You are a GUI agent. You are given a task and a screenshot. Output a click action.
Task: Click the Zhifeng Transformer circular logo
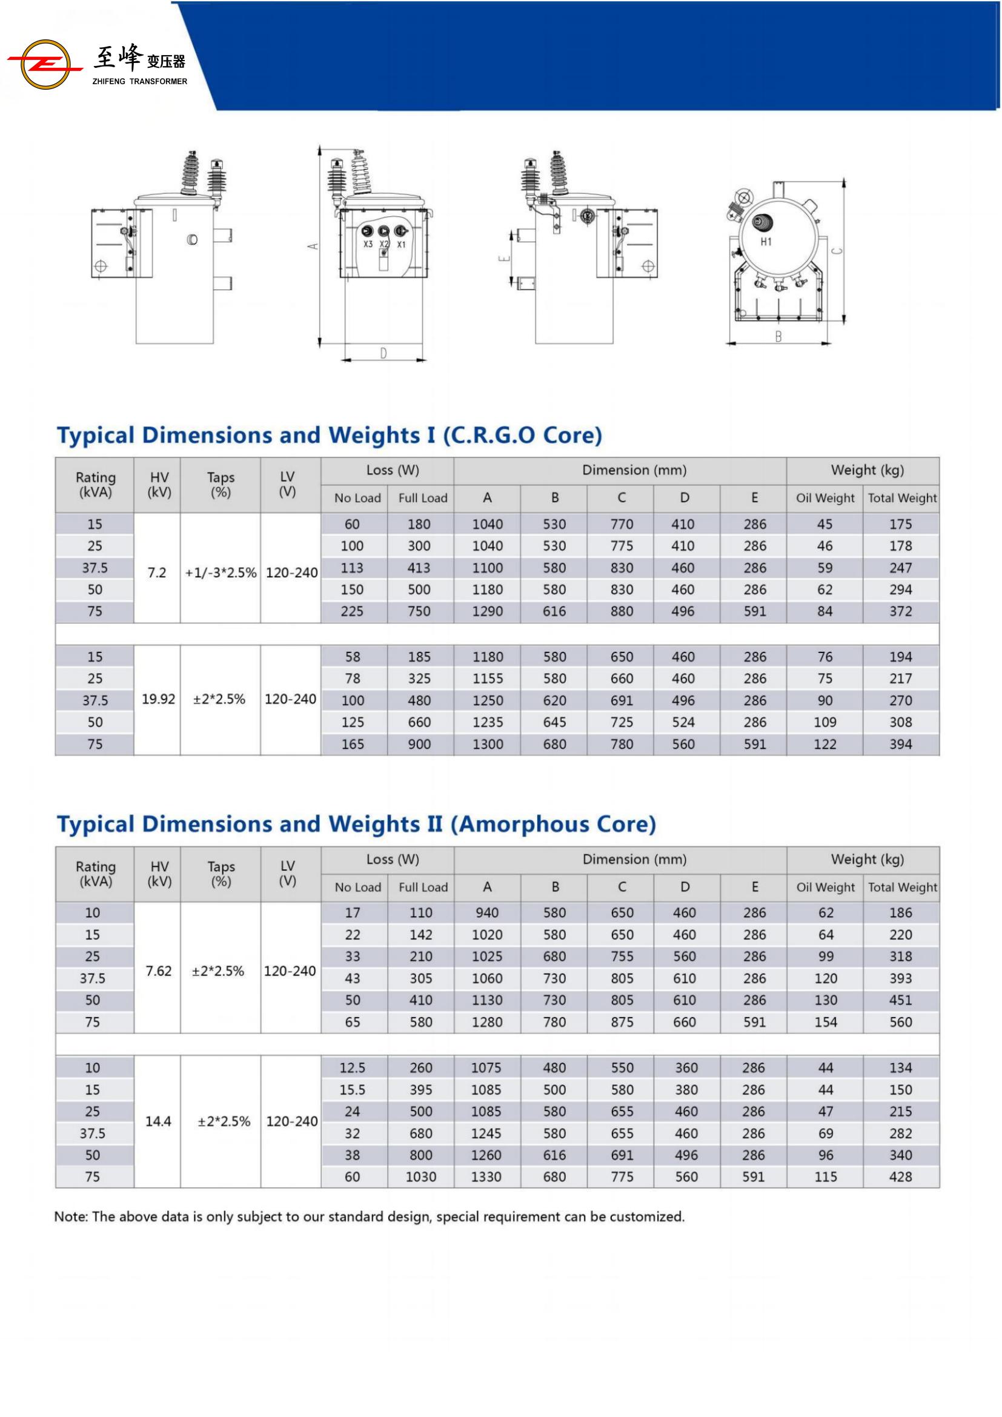click(x=44, y=64)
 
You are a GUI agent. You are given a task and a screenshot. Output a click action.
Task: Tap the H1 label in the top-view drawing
click(x=766, y=242)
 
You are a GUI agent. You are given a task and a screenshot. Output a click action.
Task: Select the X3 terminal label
click(x=368, y=244)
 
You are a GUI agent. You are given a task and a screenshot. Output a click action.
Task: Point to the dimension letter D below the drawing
click(x=383, y=354)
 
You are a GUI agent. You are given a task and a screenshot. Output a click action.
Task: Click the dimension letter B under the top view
click(x=778, y=337)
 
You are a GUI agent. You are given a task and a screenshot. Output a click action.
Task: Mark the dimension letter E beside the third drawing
click(x=505, y=258)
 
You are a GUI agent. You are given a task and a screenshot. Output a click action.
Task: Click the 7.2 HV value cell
click(x=157, y=572)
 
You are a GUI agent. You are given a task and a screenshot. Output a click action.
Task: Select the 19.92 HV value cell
click(x=159, y=699)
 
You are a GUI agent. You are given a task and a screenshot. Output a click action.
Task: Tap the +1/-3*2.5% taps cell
click(x=221, y=572)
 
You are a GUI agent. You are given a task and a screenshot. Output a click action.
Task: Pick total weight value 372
click(x=900, y=611)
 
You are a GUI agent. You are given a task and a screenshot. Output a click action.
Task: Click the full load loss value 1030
click(x=421, y=1177)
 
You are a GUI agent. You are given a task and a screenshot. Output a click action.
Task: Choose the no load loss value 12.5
click(x=353, y=1067)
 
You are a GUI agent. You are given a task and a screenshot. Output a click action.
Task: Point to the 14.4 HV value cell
click(x=158, y=1121)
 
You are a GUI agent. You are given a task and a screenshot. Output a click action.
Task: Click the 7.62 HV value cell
click(x=158, y=971)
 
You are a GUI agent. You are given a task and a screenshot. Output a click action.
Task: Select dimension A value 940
click(x=487, y=913)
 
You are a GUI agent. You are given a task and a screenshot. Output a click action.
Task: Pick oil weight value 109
click(x=825, y=722)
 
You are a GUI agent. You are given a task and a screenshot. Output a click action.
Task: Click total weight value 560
click(x=900, y=1022)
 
